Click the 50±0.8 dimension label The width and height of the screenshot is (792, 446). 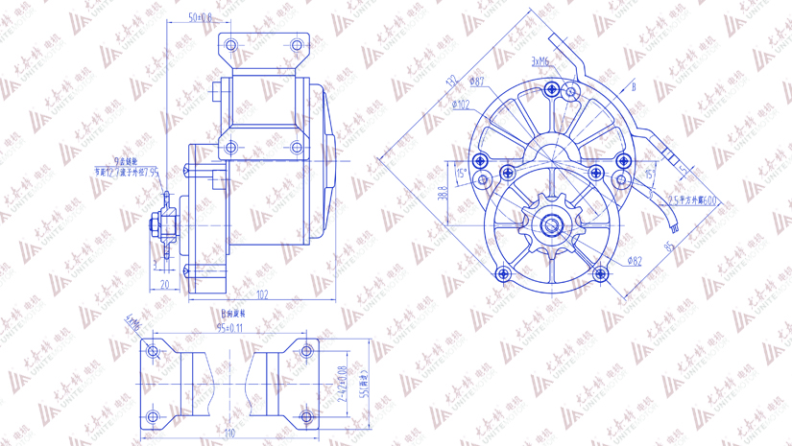(x=200, y=17)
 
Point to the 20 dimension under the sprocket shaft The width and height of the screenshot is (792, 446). (x=164, y=285)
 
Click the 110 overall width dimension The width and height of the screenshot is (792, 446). (x=229, y=433)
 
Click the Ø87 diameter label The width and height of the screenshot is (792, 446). (x=477, y=83)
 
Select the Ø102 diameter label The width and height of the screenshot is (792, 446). (x=460, y=105)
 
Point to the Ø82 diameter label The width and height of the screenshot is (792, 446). (x=634, y=260)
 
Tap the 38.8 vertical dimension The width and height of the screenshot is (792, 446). (x=443, y=193)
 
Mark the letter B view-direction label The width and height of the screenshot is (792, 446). (x=633, y=87)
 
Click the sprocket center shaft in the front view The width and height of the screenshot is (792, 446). (x=554, y=226)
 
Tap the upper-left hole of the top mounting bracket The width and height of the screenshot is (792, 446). (x=230, y=45)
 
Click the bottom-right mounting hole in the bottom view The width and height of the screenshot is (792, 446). (x=307, y=417)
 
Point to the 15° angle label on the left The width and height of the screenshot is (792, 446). (x=461, y=174)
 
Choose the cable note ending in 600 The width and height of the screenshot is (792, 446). (x=693, y=200)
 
